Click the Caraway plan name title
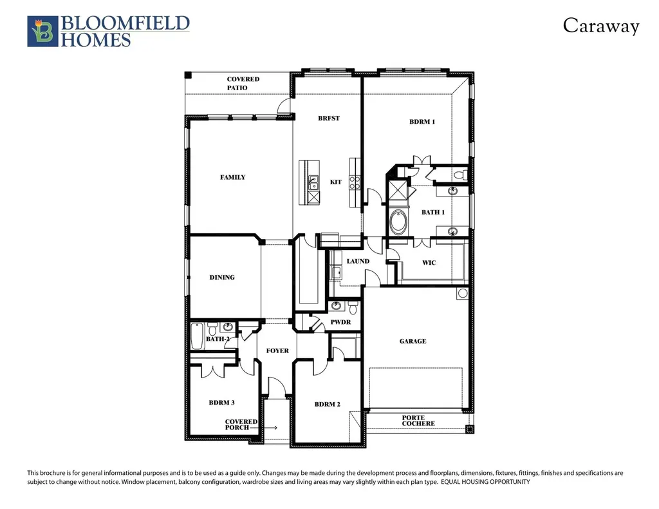[600, 26]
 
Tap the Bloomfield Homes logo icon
[42, 32]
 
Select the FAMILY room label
[232, 177]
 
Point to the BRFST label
[329, 118]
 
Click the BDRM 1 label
[422, 122]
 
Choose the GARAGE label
[413, 341]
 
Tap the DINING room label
[222, 277]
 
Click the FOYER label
[277, 351]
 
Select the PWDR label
[340, 322]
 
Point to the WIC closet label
[429, 262]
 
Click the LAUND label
[358, 261]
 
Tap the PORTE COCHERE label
[418, 421]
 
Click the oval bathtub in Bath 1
[398, 222]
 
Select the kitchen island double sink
[313, 184]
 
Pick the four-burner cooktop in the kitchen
[355, 182]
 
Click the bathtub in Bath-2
[197, 336]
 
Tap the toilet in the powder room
[353, 307]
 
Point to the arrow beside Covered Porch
[263, 428]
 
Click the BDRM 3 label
[221, 403]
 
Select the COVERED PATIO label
[243, 83]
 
